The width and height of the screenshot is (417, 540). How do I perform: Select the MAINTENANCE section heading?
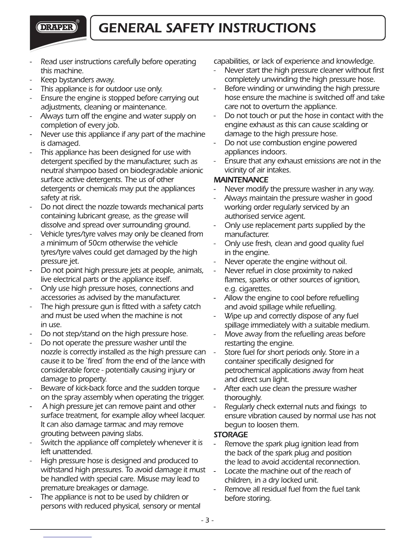coord(241,180)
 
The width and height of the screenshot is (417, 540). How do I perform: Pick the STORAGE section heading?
coord(231,435)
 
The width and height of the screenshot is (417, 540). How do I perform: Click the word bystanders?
coord(75,80)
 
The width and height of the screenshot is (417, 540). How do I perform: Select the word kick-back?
coord(81,388)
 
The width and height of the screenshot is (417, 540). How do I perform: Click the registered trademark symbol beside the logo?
coord(78,21)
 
